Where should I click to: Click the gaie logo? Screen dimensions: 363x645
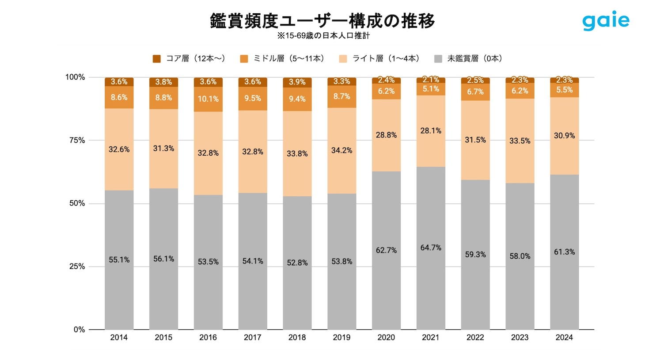point(606,21)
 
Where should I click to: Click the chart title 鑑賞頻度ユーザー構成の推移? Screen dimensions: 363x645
point(322,21)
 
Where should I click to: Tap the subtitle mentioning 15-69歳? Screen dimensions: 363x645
point(323,36)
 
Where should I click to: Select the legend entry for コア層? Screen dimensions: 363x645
point(189,58)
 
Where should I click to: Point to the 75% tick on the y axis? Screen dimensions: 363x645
point(77,140)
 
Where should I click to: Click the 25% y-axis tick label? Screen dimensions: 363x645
point(77,267)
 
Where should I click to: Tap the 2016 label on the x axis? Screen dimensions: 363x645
point(208,337)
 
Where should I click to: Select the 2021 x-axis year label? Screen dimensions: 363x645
point(430,337)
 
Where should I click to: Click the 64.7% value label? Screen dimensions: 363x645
point(431,248)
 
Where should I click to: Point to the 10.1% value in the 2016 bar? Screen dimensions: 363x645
point(208,99)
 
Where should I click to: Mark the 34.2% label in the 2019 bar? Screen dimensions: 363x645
point(341,150)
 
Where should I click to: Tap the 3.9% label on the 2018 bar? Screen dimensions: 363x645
point(297,82)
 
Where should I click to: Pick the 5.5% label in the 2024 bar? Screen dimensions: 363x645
point(564,90)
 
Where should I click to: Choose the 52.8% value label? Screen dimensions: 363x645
point(297,263)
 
